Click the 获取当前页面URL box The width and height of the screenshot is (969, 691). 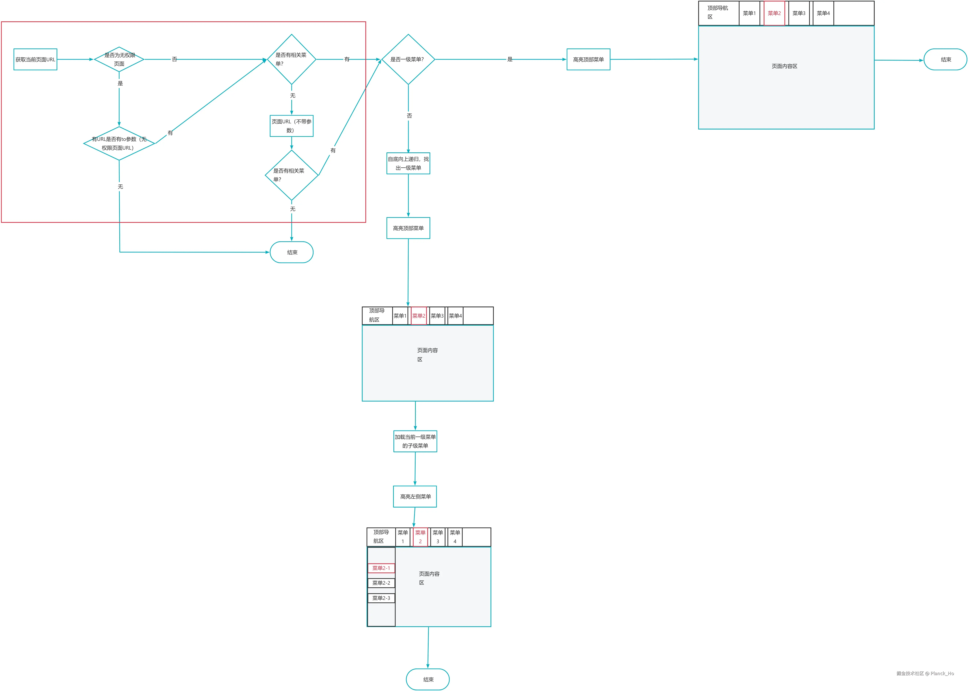click(35, 60)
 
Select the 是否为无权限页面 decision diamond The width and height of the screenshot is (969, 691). click(119, 60)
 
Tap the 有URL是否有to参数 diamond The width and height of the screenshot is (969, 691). click(119, 143)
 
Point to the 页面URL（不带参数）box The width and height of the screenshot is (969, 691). click(292, 126)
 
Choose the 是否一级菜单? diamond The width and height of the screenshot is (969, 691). click(408, 60)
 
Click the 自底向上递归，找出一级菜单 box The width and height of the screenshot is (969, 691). click(408, 163)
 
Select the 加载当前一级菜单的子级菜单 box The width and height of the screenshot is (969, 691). click(415, 441)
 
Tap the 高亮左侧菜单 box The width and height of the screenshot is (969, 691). click(415, 497)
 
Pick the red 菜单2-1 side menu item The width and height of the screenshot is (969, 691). click(381, 568)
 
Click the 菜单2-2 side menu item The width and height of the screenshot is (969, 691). click(381, 583)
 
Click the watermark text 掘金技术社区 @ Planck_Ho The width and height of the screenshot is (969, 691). click(925, 674)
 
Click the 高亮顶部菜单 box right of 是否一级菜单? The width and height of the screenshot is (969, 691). click(588, 60)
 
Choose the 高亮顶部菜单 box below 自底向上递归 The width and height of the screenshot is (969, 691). click(408, 228)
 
